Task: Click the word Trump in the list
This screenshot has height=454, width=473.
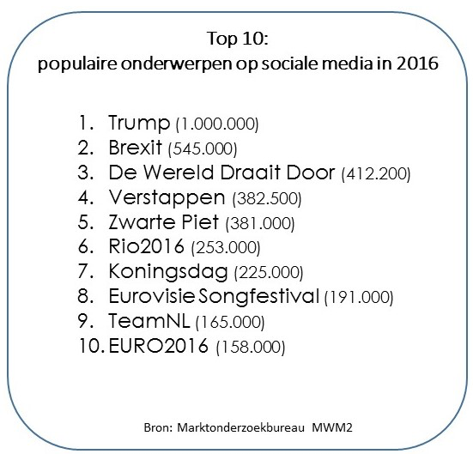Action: pyautogui.click(x=139, y=123)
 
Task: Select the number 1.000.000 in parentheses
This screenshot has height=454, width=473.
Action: pyautogui.click(x=217, y=124)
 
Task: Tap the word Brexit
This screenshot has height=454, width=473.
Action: pyautogui.click(x=135, y=148)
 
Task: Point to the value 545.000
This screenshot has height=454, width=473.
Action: pyautogui.click(x=203, y=148)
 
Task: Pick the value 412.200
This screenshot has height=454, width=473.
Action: pyautogui.click(x=376, y=173)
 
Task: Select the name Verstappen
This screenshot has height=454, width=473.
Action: pyautogui.click(x=167, y=198)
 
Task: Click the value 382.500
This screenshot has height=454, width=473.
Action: pyautogui.click(x=267, y=199)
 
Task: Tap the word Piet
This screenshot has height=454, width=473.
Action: pyautogui.click(x=200, y=222)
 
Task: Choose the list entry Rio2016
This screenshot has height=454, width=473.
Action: pyautogui.click(x=146, y=246)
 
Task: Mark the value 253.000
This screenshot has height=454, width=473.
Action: pyautogui.click(x=226, y=248)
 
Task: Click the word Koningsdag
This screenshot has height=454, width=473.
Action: pyautogui.click(x=168, y=272)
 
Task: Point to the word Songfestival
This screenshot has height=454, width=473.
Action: pyautogui.click(x=259, y=297)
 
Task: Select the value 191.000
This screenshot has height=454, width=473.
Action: pyautogui.click(x=359, y=298)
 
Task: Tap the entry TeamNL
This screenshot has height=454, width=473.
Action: pyautogui.click(x=149, y=321)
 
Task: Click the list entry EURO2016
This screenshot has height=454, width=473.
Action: pyautogui.click(x=158, y=345)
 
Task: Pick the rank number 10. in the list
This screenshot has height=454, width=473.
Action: pyautogui.click(x=91, y=346)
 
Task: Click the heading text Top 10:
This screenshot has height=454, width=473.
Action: pyautogui.click(x=238, y=39)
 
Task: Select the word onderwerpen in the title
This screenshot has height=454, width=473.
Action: pyautogui.click(x=177, y=64)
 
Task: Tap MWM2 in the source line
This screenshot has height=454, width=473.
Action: pyautogui.click(x=332, y=427)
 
